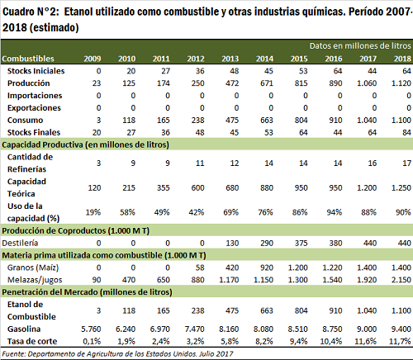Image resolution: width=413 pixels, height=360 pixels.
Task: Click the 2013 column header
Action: coord(230,59)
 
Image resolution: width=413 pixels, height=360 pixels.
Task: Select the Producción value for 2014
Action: coord(267,83)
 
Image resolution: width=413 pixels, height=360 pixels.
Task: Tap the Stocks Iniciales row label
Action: coord(36,71)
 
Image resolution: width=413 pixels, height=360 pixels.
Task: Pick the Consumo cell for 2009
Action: coord(98,120)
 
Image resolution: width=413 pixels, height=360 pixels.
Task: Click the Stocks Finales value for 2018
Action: coord(406,132)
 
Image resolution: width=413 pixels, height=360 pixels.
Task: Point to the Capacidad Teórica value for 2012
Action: coord(197,187)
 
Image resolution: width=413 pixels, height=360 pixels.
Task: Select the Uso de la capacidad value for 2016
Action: coord(335,212)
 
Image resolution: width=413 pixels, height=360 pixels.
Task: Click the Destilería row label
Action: coord(20,243)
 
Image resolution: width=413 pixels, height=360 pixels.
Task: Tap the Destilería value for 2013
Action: coord(232,243)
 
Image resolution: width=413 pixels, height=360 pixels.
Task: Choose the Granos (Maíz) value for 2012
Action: coord(200,268)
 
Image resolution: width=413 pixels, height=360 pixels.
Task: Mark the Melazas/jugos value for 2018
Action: coord(401,280)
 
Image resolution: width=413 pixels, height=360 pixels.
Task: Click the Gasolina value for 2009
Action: coord(91,329)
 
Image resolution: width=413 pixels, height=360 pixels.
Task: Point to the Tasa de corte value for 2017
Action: coord(365,341)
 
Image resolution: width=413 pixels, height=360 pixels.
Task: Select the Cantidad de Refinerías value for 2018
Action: coord(406,163)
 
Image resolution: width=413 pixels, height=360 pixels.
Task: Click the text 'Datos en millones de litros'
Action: coord(360,45)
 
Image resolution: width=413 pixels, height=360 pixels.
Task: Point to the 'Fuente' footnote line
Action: coord(117,353)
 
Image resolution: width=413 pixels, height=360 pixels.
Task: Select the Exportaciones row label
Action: coord(34,108)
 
